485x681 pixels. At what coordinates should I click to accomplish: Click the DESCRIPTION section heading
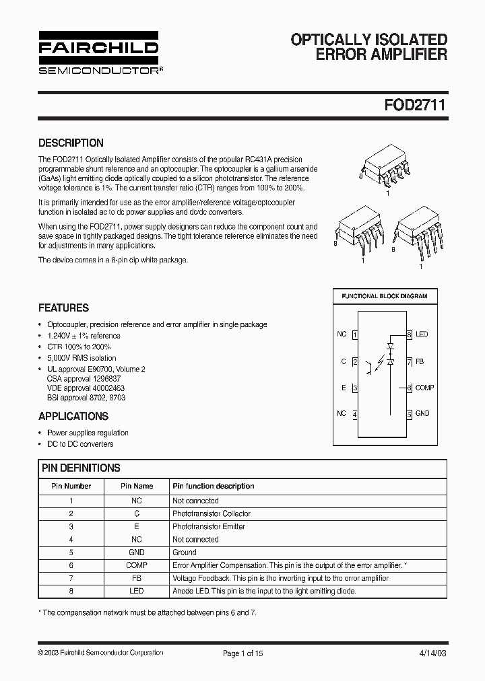[71, 143]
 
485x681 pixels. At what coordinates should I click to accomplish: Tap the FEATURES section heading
[63, 308]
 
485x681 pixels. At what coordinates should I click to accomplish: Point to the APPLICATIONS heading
[73, 416]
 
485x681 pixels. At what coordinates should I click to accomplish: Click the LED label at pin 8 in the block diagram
[422, 334]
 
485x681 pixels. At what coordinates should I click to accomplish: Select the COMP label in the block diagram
[424, 388]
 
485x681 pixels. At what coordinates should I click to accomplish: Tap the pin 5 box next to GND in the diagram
[409, 414]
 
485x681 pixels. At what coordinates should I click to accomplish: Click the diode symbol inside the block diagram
[389, 355]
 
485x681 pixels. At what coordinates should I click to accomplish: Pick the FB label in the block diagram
[420, 361]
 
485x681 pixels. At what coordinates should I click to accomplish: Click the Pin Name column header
[137, 486]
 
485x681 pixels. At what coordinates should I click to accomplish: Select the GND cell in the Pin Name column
[137, 552]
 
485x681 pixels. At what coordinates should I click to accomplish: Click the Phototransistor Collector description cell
[212, 513]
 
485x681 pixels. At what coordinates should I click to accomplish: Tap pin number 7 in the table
[71, 578]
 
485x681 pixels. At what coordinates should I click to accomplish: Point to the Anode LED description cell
[263, 591]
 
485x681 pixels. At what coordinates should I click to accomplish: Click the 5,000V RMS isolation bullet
[82, 358]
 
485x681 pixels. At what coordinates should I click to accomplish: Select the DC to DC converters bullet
[80, 444]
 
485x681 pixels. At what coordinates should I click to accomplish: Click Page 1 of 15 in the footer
[243, 653]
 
